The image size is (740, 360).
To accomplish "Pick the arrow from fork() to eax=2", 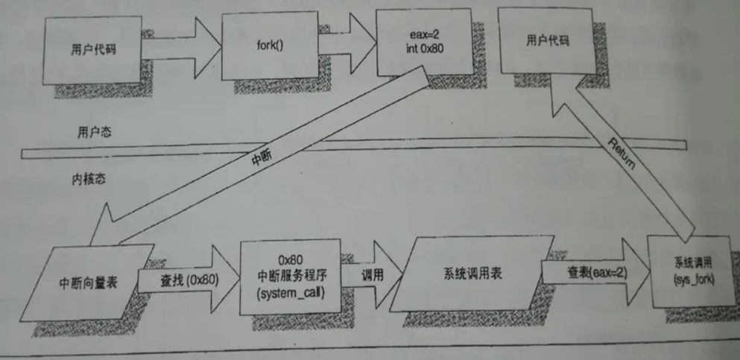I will pos(354,45).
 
